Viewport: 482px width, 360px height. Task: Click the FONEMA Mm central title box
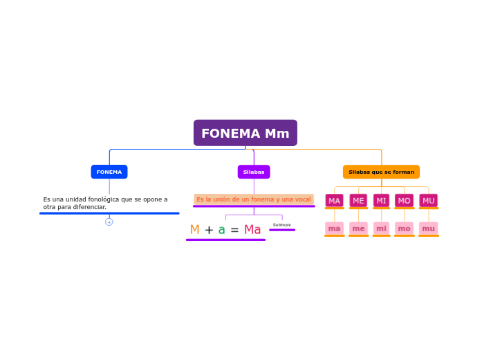click(x=245, y=133)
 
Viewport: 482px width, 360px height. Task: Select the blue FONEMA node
click(x=109, y=172)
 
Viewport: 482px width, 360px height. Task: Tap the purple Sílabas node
click(x=254, y=172)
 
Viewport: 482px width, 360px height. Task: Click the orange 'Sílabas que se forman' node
click(x=381, y=172)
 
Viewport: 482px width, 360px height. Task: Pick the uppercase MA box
click(x=335, y=201)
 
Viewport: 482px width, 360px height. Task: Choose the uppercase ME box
click(x=358, y=201)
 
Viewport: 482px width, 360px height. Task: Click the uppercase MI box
click(x=381, y=201)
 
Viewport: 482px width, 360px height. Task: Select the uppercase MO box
click(x=405, y=201)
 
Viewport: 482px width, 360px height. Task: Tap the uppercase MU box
click(x=429, y=201)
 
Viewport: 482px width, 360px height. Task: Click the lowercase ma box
click(x=335, y=228)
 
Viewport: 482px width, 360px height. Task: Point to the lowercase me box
click(x=358, y=228)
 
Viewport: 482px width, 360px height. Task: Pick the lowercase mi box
click(x=381, y=228)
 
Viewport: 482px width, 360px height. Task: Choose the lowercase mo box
click(x=405, y=228)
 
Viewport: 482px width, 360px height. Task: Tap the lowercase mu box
click(x=429, y=228)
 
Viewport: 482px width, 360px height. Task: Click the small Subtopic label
click(x=282, y=225)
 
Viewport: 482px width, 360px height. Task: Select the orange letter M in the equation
click(x=194, y=230)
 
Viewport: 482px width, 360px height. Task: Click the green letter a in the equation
click(x=221, y=230)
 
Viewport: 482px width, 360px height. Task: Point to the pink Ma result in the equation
click(x=252, y=230)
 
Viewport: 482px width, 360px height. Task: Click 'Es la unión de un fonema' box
click(x=254, y=199)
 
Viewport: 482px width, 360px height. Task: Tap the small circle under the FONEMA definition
click(x=109, y=222)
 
